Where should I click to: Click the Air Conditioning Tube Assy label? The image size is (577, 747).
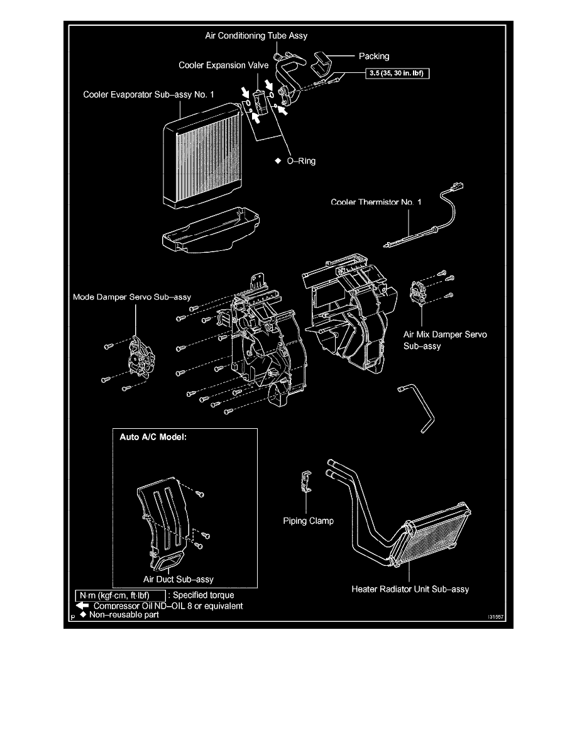pos(256,36)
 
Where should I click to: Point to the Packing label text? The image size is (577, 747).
pos(374,56)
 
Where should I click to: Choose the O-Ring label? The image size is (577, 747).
pos(299,161)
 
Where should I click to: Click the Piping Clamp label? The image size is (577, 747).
pos(308,521)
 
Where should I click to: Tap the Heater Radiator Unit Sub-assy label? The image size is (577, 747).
pos(410,589)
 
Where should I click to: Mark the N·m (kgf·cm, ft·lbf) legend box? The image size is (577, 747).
pos(120,595)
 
